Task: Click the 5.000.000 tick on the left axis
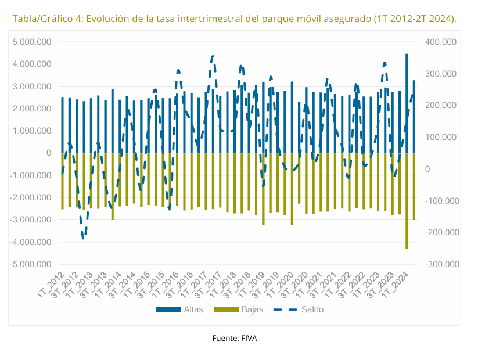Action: [33, 42]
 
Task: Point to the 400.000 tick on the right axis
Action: [441, 42]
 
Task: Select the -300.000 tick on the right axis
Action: [442, 264]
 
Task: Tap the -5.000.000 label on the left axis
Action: [32, 264]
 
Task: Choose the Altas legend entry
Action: [179, 309]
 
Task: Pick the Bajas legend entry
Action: [238, 309]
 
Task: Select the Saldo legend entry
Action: [299, 309]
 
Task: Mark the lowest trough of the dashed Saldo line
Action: [83, 237]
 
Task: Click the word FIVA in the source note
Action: [247, 338]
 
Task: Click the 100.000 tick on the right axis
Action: [441, 137]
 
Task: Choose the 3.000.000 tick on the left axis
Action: [33, 87]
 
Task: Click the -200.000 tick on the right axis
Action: [442, 232]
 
